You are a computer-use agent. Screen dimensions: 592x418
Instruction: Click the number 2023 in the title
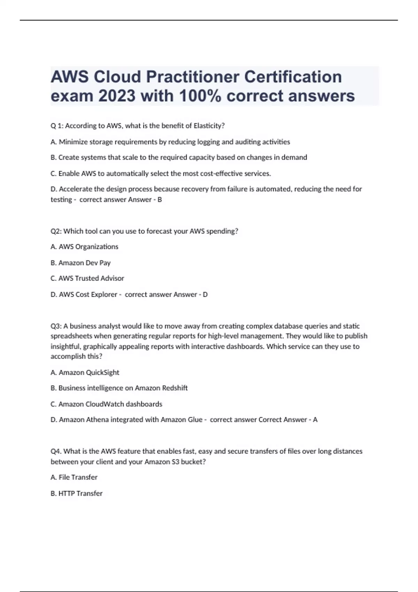[117, 96]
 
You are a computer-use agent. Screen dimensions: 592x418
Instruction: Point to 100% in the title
[200, 96]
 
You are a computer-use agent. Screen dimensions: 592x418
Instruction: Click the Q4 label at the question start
[56, 451]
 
